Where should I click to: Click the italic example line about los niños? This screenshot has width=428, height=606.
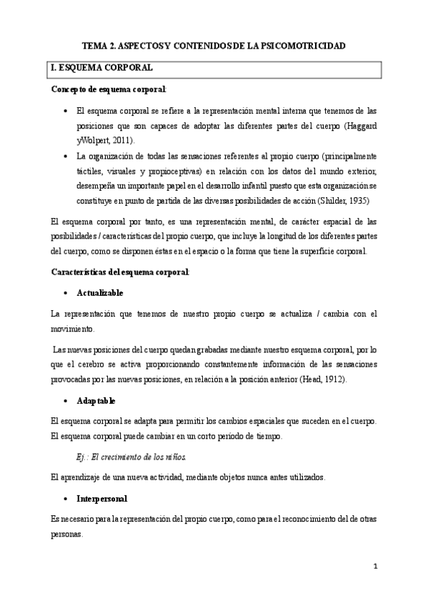[x=126, y=457]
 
